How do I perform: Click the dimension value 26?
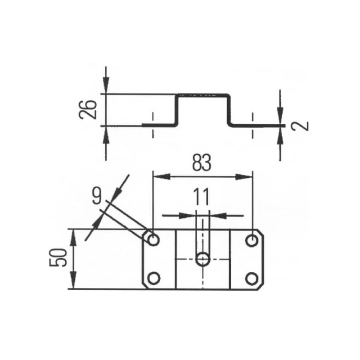point(87,109)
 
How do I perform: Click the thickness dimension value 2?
point(300,126)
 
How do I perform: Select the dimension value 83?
point(202,163)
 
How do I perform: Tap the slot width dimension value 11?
point(202,197)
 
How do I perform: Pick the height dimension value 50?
point(58,257)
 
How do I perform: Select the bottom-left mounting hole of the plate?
point(153,278)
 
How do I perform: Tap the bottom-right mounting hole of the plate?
point(252,279)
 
